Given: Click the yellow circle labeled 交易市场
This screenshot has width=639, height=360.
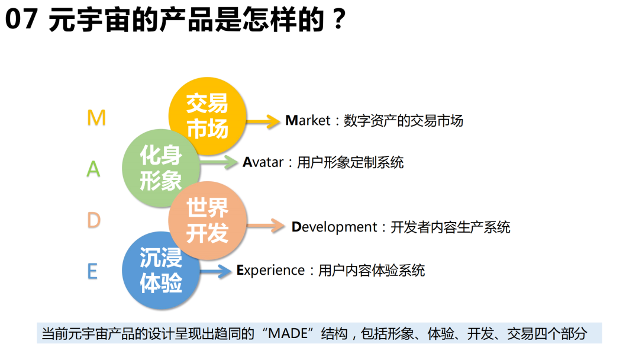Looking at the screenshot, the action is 208,116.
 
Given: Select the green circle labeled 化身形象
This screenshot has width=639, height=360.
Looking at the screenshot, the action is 161,168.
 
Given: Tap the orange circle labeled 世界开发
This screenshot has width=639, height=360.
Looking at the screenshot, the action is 208,221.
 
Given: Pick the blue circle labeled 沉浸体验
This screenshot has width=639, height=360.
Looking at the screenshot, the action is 161,271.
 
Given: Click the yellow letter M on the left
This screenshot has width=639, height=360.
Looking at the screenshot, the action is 96,118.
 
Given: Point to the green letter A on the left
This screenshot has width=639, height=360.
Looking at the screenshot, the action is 93,169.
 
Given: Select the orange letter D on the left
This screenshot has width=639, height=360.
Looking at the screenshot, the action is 93,220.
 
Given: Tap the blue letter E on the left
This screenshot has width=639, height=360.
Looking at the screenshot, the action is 92,271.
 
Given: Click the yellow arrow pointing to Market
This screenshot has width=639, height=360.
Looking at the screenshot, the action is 263,121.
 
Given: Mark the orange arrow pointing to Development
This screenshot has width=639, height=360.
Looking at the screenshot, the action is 266,226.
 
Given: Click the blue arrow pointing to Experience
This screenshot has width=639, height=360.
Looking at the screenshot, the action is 215,271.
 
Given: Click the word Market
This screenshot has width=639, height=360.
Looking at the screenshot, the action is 308,121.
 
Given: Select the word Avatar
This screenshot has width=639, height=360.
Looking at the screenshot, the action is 263,162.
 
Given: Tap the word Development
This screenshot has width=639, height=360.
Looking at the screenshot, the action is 334,227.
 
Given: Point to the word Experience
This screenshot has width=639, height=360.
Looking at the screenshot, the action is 270,271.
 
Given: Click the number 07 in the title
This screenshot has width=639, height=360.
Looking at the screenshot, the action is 21,19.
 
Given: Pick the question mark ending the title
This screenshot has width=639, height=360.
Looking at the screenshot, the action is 338,19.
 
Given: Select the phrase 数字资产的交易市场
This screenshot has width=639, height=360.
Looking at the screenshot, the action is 404,121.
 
